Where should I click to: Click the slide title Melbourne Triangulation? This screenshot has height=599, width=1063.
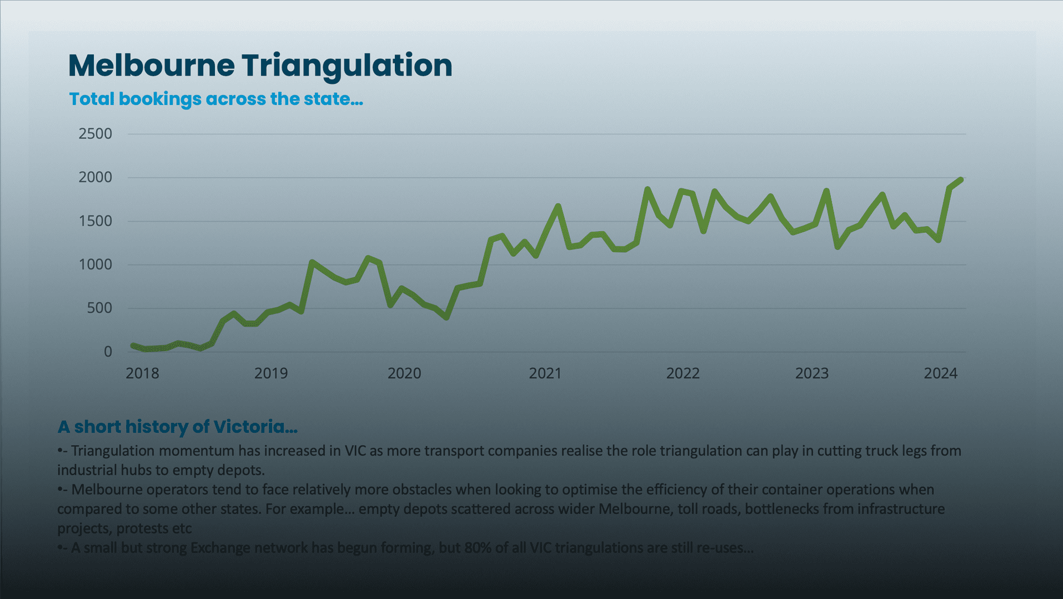(260, 66)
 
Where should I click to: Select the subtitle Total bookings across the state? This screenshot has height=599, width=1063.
(215, 99)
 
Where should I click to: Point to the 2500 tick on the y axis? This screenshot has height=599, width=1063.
(96, 134)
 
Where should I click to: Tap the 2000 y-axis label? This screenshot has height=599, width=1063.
(96, 177)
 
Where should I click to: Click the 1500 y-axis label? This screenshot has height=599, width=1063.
(96, 221)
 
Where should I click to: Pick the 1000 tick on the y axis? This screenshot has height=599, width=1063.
(96, 264)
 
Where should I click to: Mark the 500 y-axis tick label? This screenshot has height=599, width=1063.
(99, 308)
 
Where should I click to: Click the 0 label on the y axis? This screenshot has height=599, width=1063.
(108, 352)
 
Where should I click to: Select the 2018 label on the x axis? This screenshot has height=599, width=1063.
(142, 373)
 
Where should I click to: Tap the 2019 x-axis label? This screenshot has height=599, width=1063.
(271, 373)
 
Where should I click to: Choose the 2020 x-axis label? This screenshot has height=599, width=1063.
(404, 373)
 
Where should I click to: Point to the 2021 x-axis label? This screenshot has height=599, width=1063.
(545, 373)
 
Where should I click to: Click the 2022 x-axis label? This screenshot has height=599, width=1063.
(683, 373)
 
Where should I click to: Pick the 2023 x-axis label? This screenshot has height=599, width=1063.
(812, 373)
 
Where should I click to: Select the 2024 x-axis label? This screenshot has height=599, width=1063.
(941, 373)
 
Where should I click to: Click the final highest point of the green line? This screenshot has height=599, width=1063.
(961, 180)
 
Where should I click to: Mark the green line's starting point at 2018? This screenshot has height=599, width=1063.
(133, 346)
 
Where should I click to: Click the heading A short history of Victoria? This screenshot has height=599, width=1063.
(178, 427)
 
